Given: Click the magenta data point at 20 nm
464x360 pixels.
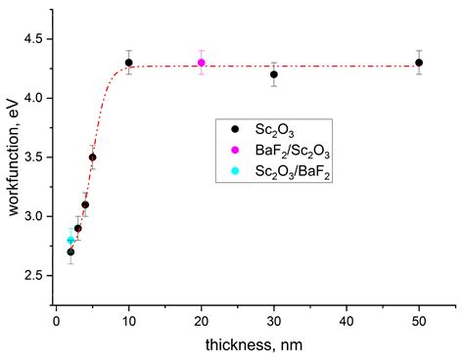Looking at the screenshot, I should tap(202, 63).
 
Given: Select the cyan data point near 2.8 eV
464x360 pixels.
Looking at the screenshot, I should tap(70, 240).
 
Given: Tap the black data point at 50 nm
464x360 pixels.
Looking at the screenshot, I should tap(419, 63).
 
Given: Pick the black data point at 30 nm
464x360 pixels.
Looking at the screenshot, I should tap(274, 74).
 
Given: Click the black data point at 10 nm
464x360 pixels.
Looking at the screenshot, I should tap(129, 63).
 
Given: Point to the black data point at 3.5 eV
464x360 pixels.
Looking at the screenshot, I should tap(93, 157).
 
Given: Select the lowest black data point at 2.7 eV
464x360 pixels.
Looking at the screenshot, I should tap(70, 251).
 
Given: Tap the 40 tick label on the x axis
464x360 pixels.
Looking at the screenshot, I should tap(347, 320).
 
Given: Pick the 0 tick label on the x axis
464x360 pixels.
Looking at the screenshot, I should tap(57, 320).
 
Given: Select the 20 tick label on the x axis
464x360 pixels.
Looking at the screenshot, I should tap(202, 320).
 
